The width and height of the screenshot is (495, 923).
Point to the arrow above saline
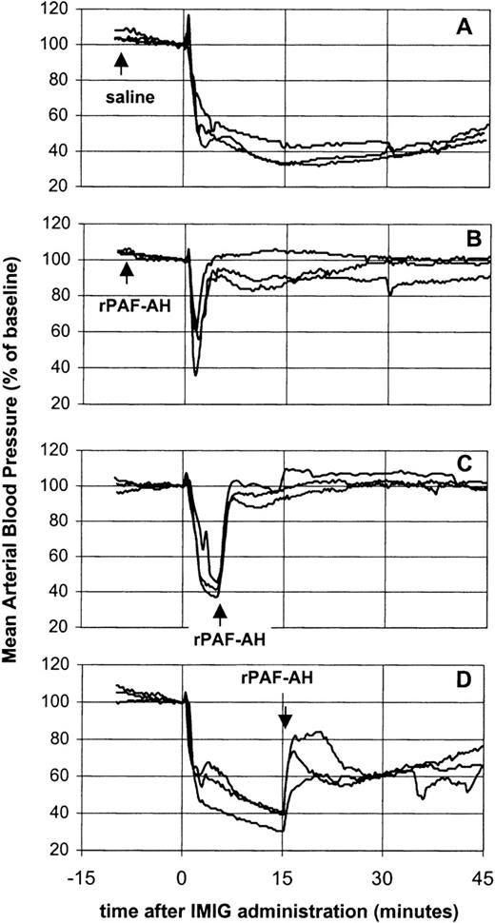[121, 64]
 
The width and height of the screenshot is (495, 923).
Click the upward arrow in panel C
[220, 609]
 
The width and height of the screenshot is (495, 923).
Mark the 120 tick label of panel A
[60, 10]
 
